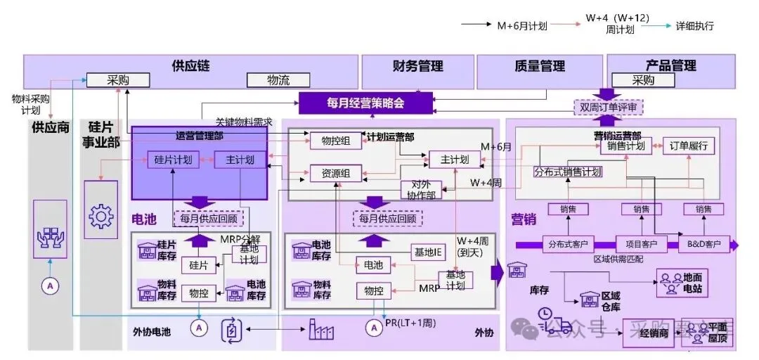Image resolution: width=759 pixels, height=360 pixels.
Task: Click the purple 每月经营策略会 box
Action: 355,103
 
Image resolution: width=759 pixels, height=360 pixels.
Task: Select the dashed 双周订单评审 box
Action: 608,108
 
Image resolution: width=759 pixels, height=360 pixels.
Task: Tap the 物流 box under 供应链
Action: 278,80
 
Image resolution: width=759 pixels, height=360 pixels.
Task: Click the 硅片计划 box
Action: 173,160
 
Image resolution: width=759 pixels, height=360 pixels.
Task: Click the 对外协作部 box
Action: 421,191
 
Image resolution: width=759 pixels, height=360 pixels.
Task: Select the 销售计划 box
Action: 625,146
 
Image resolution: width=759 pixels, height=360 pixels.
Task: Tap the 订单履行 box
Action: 689,146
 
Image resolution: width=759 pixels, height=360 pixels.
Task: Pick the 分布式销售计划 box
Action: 567,172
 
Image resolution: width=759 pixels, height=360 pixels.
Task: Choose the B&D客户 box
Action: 703,245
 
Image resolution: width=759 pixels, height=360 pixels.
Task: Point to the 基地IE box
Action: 427,251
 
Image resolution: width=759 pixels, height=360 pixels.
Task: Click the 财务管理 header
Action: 417,67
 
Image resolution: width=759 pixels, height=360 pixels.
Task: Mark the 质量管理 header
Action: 539,67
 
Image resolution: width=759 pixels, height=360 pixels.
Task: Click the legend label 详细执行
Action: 695,26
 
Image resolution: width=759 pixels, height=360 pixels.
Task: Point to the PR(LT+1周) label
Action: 409,323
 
